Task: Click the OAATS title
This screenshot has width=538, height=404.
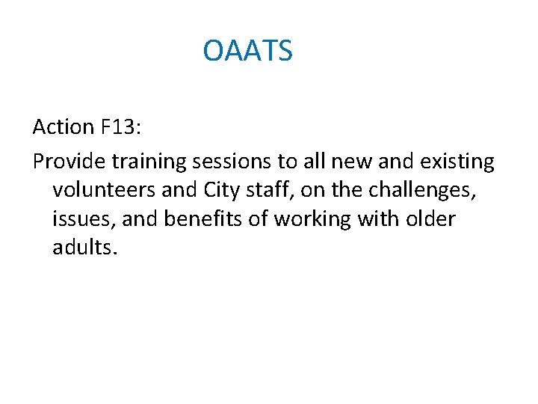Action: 247,52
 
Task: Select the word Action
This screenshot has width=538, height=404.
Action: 63,127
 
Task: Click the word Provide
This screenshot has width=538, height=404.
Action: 69,161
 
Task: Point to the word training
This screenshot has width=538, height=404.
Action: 149,162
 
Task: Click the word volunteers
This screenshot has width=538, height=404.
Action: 104,190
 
